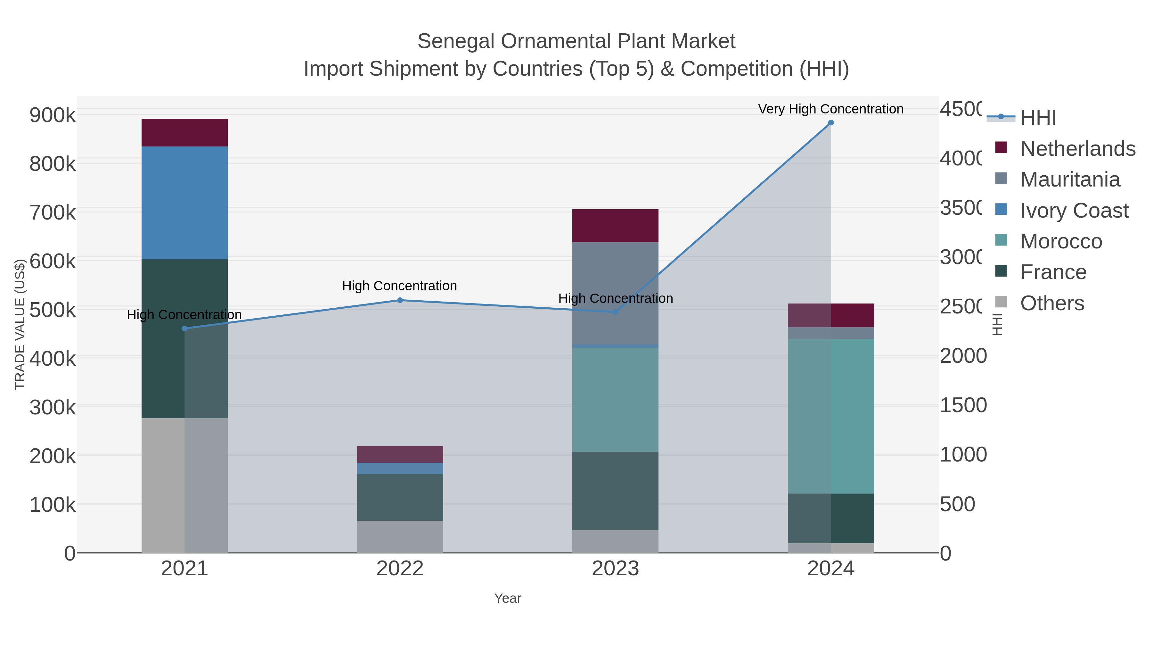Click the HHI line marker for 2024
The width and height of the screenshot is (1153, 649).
pos(831,123)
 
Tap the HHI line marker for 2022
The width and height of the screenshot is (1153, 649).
pos(400,301)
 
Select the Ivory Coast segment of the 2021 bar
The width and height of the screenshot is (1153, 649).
pos(184,203)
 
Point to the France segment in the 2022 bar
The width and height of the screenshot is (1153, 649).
pos(400,497)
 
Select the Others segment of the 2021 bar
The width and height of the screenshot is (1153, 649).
pos(184,486)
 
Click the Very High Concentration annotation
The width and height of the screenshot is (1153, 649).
pos(831,109)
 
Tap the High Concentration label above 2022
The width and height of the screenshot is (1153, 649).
pos(399,286)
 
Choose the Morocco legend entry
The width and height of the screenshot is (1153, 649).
pos(1060,241)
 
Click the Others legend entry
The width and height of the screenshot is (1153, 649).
pos(1051,303)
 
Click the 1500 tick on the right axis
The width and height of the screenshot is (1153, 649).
pos(962,405)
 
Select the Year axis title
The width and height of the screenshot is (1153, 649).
pos(508,598)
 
